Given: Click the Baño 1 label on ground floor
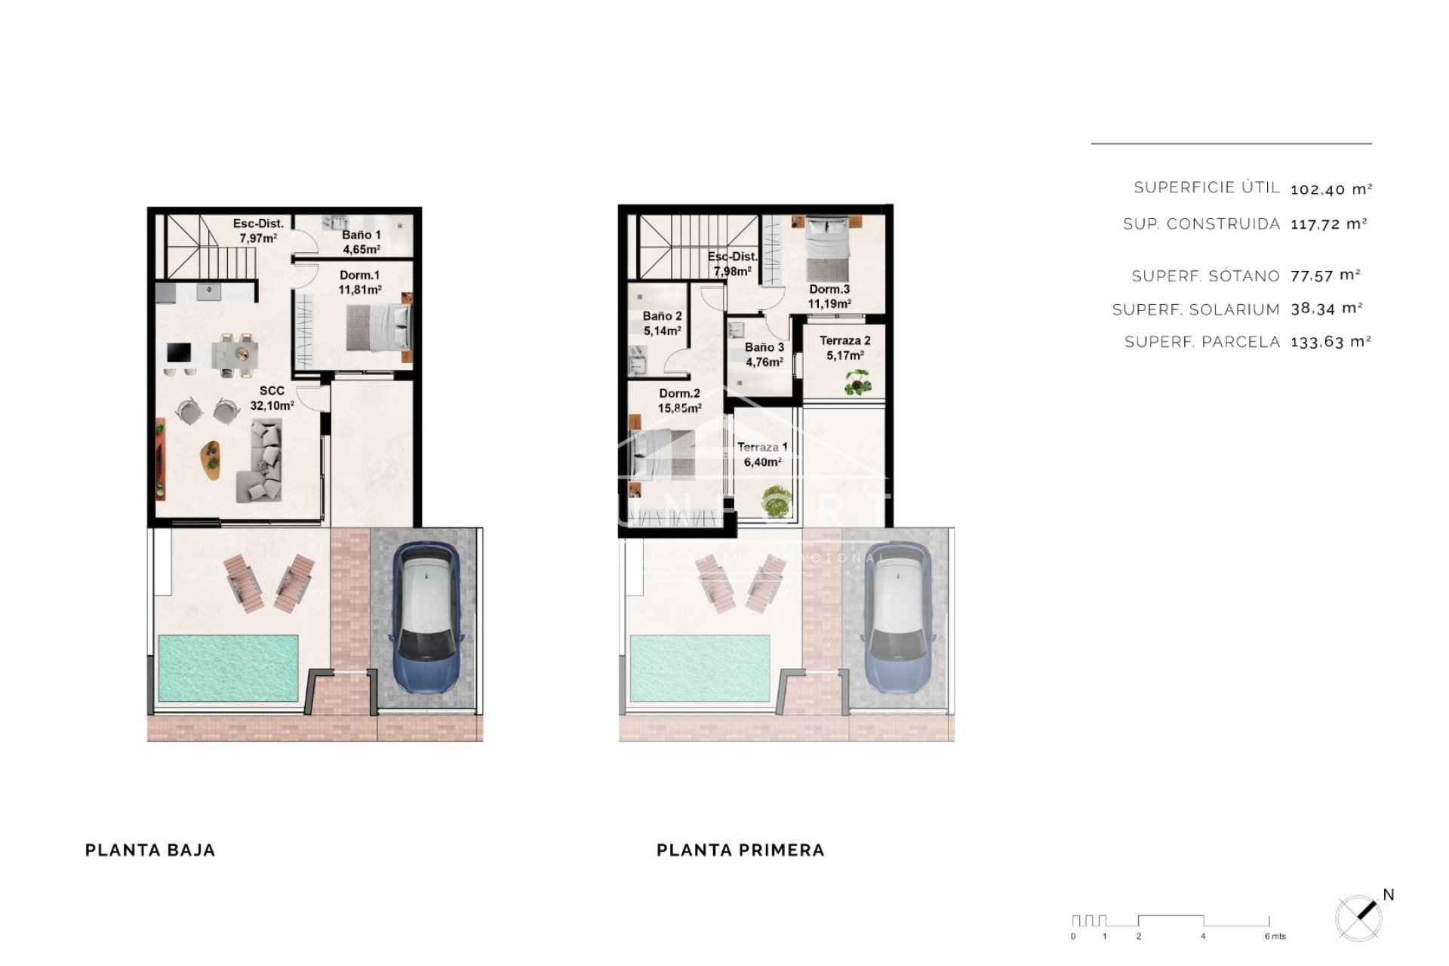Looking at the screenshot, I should pos(361,241).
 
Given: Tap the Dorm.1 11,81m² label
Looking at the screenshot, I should pos(359,282).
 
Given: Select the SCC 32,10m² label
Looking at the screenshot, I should pos(272,398).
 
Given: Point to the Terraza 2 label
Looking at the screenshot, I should pos(844,348).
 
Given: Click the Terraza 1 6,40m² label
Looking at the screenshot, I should pos(762,454).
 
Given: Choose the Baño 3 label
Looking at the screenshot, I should pos(764,355).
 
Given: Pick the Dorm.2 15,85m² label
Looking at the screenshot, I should pos(679,401).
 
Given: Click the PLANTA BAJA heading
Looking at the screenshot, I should pos(150,851).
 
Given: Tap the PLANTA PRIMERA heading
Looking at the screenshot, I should pos(740,851).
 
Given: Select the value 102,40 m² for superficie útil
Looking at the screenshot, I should pos(1331,189).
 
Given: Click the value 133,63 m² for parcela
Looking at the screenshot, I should pos(1331,342).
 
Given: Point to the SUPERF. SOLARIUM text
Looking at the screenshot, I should pos(1195,309).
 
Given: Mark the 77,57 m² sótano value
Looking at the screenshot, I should pos(1325,275).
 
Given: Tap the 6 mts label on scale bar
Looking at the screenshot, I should pos(1275,937).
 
